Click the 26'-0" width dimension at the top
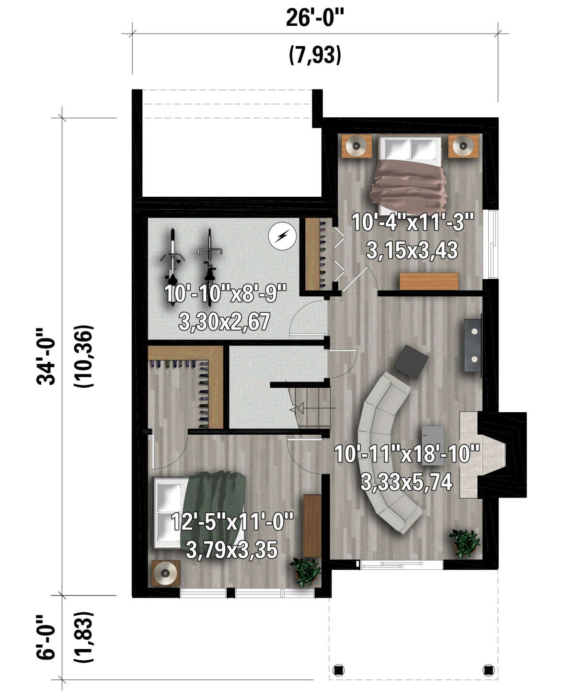point(315,18)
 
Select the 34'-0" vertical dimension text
point(47,356)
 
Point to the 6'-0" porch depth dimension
point(47,637)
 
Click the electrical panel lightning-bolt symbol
point(282,236)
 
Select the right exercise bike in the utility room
point(209,258)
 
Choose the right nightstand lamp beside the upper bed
point(463,146)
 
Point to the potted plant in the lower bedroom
point(305,571)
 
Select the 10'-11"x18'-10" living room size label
point(407,454)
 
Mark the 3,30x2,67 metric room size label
point(224,321)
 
